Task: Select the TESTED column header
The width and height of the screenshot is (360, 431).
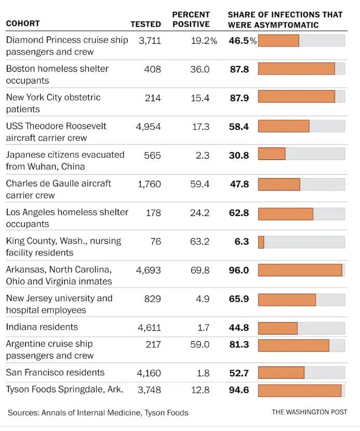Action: pyautogui.click(x=145, y=24)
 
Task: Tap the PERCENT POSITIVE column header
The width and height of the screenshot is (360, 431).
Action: pyautogui.click(x=191, y=19)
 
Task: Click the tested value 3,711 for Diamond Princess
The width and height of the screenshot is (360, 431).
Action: pyautogui.click(x=150, y=41)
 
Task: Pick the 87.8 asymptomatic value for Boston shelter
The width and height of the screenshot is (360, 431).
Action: pyautogui.click(x=239, y=69)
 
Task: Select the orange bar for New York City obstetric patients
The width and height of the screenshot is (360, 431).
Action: pyautogui.click(x=296, y=97)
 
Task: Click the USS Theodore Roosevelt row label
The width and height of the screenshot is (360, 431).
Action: pyautogui.click(x=56, y=132)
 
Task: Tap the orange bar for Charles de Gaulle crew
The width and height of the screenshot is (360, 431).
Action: pyautogui.click(x=279, y=184)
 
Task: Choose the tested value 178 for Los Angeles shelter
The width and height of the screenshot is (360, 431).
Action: pyautogui.click(x=153, y=213)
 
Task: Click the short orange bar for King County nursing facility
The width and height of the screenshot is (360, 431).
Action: pyautogui.click(x=261, y=242)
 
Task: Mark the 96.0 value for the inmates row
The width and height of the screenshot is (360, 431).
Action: pyautogui.click(x=239, y=271)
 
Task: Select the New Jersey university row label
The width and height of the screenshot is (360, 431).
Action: pyautogui.click(x=59, y=304)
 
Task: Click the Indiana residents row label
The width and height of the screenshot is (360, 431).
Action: pyautogui.click(x=42, y=327)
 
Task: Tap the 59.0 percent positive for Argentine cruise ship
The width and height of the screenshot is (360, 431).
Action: pyautogui.click(x=199, y=344)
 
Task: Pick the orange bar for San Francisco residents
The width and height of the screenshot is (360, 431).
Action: pyautogui.click(x=281, y=373)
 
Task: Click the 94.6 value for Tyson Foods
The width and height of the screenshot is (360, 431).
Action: pyautogui.click(x=239, y=390)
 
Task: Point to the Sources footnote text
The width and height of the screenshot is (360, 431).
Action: pyautogui.click(x=98, y=413)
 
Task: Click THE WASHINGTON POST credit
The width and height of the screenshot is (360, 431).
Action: pyautogui.click(x=309, y=412)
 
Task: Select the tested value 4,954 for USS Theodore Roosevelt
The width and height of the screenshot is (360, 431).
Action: pyautogui.click(x=149, y=127)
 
